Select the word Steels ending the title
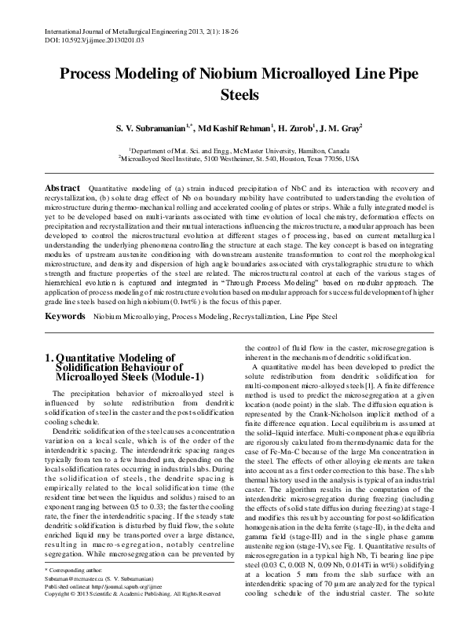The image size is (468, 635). click(x=233, y=97)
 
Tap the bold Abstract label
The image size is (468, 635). click(x=61, y=189)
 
